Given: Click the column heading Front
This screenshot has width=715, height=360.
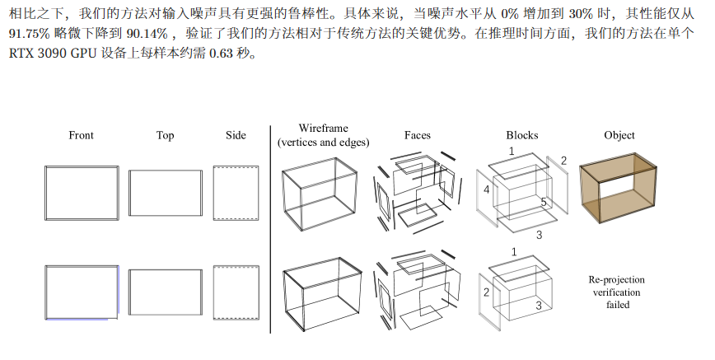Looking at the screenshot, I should pyautogui.click(x=81, y=135).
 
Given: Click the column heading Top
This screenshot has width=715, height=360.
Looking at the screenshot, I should pyautogui.click(x=165, y=135).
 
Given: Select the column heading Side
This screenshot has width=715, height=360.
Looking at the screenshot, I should pyautogui.click(x=236, y=135).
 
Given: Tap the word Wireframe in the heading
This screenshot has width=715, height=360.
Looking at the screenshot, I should pyautogui.click(x=323, y=129).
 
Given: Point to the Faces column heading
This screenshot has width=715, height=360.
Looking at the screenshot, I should pyautogui.click(x=417, y=135).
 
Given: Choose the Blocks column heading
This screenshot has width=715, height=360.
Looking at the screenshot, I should pyautogui.click(x=522, y=135).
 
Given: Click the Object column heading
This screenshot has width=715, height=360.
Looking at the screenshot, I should pyautogui.click(x=619, y=135).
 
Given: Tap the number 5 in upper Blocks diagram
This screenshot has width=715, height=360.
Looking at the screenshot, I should pyautogui.click(x=544, y=202).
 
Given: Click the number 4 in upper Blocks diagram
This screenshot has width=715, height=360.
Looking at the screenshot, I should pyautogui.click(x=487, y=189).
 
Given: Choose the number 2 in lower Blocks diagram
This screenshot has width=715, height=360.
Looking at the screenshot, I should pyautogui.click(x=487, y=292).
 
